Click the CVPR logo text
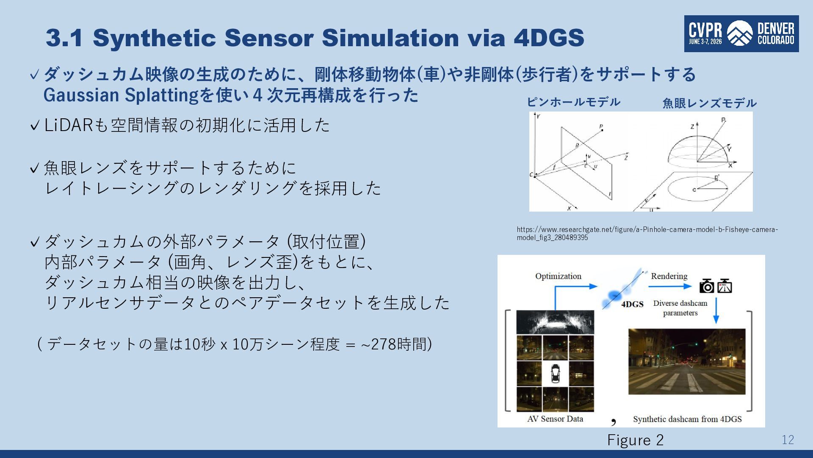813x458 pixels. pyautogui.click(x=705, y=30)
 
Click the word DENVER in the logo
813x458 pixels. pyautogui.click(x=776, y=28)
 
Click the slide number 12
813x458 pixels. pyautogui.click(x=788, y=440)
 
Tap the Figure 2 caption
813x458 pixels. pyautogui.click(x=635, y=440)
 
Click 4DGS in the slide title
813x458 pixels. pyautogui.click(x=549, y=37)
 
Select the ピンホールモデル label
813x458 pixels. pyautogui.click(x=573, y=102)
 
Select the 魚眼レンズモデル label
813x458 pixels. pyautogui.click(x=709, y=103)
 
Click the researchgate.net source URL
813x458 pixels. pyautogui.click(x=647, y=233)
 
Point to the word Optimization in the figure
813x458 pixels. pyautogui.click(x=558, y=276)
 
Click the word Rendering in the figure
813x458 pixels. pyautogui.click(x=669, y=276)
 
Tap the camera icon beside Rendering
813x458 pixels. pyautogui.click(x=706, y=286)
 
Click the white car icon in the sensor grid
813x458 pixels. pyautogui.click(x=555, y=373)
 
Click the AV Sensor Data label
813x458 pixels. pyautogui.click(x=555, y=419)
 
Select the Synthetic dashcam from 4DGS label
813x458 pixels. pyautogui.click(x=687, y=419)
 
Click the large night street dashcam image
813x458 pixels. pyautogui.click(x=687, y=361)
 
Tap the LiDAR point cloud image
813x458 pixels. pyautogui.click(x=555, y=322)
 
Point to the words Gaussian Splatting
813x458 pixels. pyautogui.click(x=121, y=95)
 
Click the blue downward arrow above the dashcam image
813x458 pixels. pyautogui.click(x=716, y=310)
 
